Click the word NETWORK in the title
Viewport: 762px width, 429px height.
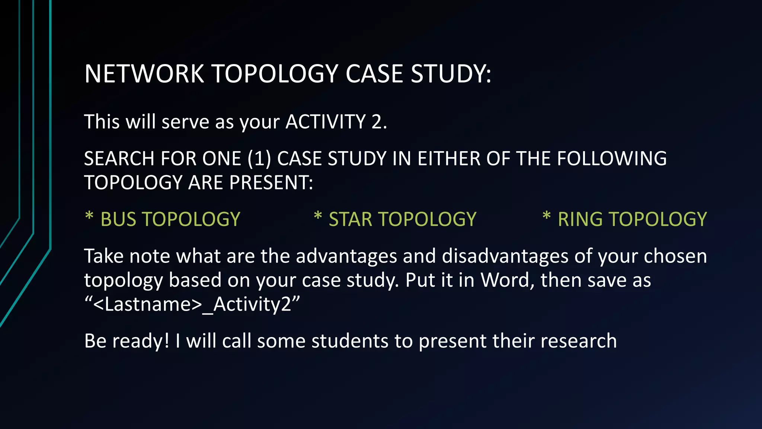coord(144,73)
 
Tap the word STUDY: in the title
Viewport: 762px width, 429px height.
coord(451,73)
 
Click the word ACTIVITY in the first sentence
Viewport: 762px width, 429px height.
coord(326,122)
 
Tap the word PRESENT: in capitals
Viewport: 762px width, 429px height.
coord(271,182)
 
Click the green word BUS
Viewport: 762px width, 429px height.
coord(118,219)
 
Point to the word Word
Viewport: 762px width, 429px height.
coord(508,280)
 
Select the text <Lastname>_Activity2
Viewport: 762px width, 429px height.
coord(192,304)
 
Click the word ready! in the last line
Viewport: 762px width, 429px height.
coord(141,341)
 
